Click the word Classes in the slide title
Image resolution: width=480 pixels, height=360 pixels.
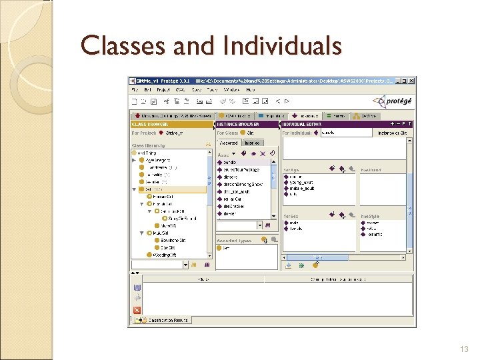[117, 46]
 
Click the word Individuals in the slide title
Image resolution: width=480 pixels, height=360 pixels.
[283, 46]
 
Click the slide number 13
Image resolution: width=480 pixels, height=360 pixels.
[465, 349]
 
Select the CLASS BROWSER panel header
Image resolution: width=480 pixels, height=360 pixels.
[150, 124]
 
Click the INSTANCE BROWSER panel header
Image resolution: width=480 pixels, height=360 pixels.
[239, 124]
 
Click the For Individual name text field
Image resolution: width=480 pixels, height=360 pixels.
[345, 133]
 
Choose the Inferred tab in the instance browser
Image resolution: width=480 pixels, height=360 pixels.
[252, 143]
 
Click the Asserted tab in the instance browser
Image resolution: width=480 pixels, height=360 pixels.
[229, 143]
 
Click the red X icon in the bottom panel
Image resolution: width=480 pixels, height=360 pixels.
[137, 310]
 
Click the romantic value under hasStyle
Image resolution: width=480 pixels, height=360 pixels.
[374, 234]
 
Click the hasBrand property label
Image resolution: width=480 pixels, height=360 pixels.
[371, 170]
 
